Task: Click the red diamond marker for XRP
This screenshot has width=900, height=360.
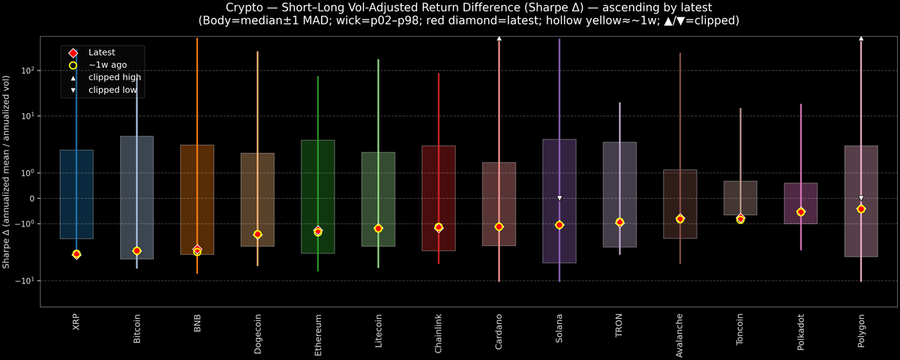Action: coord(76,254)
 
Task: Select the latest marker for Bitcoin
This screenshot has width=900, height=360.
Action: coord(136,250)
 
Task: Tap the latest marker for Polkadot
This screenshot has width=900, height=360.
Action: coord(801,212)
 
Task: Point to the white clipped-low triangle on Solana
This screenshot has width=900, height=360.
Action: coord(559,198)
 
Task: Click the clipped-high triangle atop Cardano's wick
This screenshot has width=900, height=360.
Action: coord(499,37)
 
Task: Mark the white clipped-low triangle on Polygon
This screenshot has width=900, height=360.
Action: coord(861,198)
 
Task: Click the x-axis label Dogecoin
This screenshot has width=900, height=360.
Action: coord(257,329)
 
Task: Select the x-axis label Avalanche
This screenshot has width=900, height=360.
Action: coord(679,331)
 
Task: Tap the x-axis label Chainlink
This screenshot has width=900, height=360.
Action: coord(439,330)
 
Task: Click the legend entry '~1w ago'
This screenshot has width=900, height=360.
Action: coord(102,65)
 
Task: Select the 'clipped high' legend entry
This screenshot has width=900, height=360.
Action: coord(114,77)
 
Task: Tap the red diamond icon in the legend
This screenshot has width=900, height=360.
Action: coord(73,52)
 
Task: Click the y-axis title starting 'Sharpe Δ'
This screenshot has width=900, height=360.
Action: coord(7,172)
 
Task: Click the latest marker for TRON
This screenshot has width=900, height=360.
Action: coord(619,222)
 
